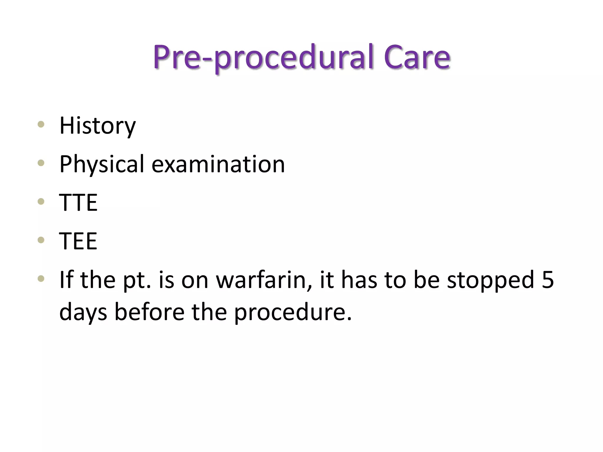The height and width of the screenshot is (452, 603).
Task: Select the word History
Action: [x=97, y=126]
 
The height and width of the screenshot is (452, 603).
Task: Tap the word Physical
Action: [x=102, y=164]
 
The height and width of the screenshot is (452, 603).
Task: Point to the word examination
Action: [x=218, y=164]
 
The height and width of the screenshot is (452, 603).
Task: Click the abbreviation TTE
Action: [x=78, y=202]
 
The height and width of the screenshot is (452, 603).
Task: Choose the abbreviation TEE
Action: [x=78, y=241]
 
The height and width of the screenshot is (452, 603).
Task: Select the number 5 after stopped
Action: [x=548, y=280]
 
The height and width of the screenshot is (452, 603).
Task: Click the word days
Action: [x=83, y=313]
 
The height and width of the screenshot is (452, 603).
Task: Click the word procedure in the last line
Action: [x=293, y=313]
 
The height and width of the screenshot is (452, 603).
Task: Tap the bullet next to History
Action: [x=41, y=124]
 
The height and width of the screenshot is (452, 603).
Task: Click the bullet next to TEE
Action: [x=41, y=240]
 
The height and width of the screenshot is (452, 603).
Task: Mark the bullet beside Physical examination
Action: [x=41, y=163]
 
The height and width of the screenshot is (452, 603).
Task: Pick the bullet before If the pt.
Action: [x=41, y=278]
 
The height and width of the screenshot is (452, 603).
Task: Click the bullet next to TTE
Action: [x=41, y=201]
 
